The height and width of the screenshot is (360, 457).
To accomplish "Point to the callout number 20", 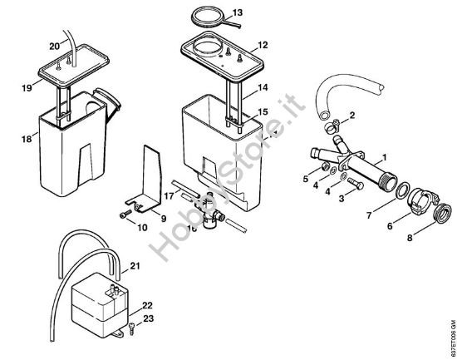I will [x=55, y=45].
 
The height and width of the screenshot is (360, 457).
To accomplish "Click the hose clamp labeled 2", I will [x=332, y=128].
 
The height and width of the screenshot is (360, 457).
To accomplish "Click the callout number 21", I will [x=135, y=265].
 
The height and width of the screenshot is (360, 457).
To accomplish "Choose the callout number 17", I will [x=170, y=196].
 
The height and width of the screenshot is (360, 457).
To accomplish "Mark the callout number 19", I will [x=27, y=85].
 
